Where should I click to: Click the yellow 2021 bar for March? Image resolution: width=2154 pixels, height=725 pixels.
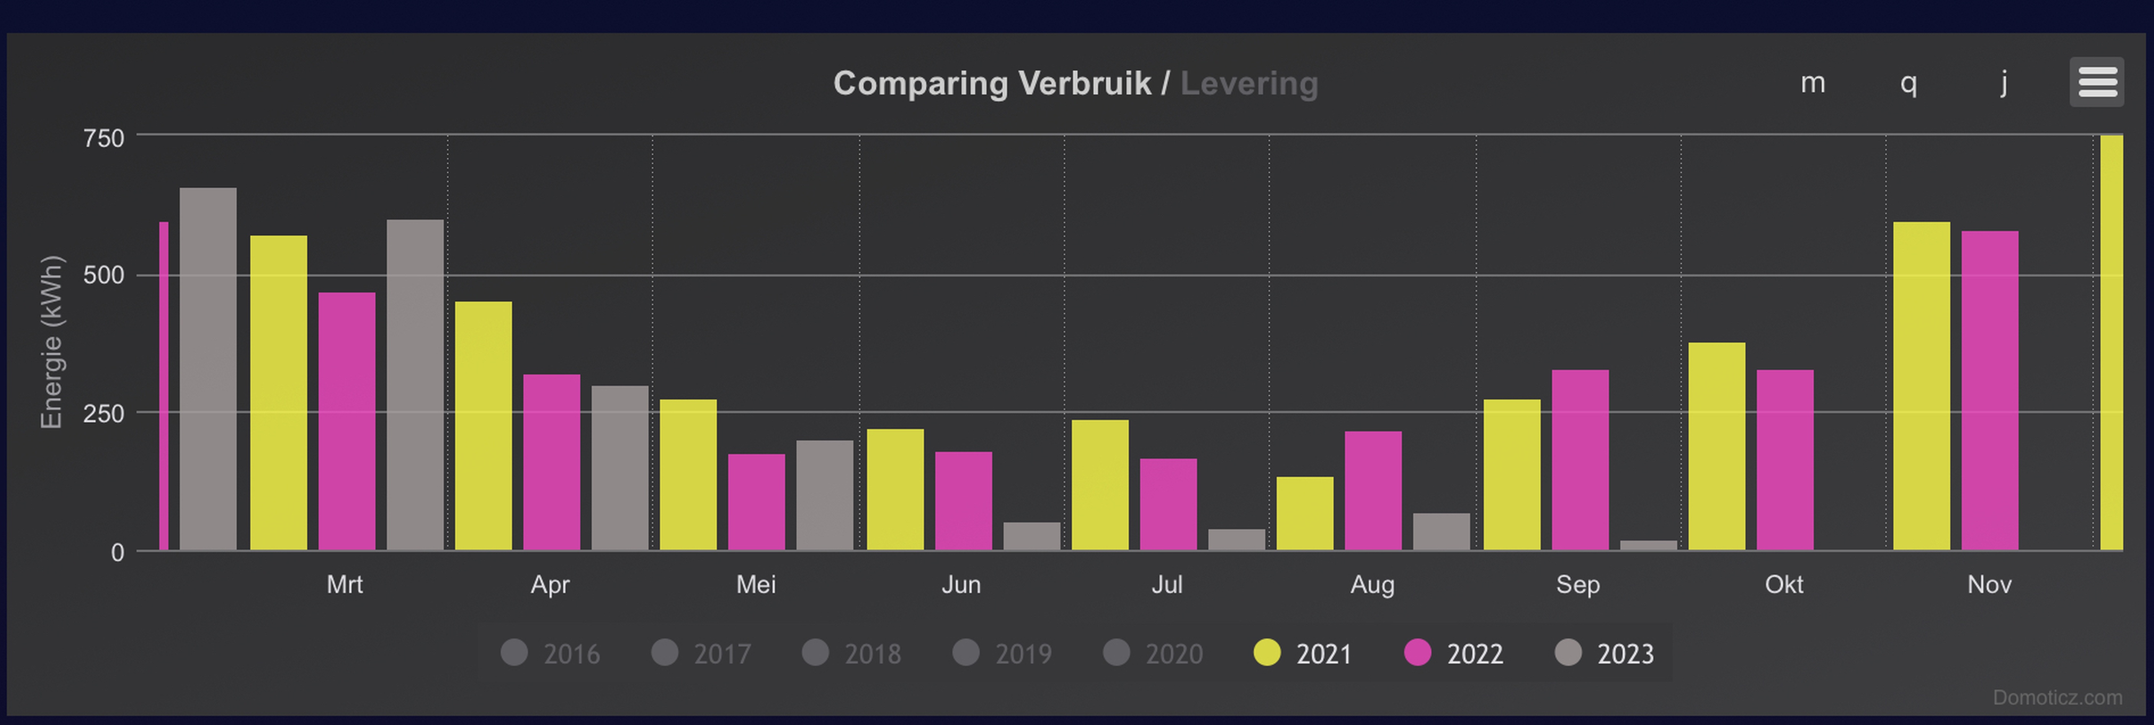(278, 393)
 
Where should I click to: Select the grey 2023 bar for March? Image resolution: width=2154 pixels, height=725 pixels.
(415, 385)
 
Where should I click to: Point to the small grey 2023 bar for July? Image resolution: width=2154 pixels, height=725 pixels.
(1236, 539)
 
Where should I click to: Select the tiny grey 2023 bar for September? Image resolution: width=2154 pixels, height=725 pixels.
(1648, 545)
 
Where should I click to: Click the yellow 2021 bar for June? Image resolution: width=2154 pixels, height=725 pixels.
(895, 489)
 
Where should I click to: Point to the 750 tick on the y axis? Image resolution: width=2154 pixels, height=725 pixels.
(104, 138)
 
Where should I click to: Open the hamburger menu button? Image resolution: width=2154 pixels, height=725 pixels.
(2096, 82)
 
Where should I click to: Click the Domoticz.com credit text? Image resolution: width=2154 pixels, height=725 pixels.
(2057, 697)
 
